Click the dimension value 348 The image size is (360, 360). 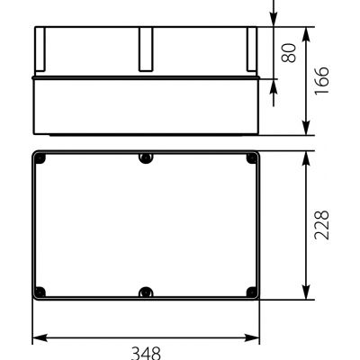click(146, 354)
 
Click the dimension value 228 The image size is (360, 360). click(321, 225)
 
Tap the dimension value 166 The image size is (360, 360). click(321, 81)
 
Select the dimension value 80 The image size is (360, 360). click(289, 53)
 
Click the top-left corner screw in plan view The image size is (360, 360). click(40, 158)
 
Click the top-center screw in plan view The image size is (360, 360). click(146, 158)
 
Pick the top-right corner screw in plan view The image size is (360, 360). click(252, 158)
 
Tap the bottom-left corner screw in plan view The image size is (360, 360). click(40, 292)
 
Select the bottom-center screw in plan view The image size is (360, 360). click(146, 292)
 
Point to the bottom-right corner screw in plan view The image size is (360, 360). click(252, 292)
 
